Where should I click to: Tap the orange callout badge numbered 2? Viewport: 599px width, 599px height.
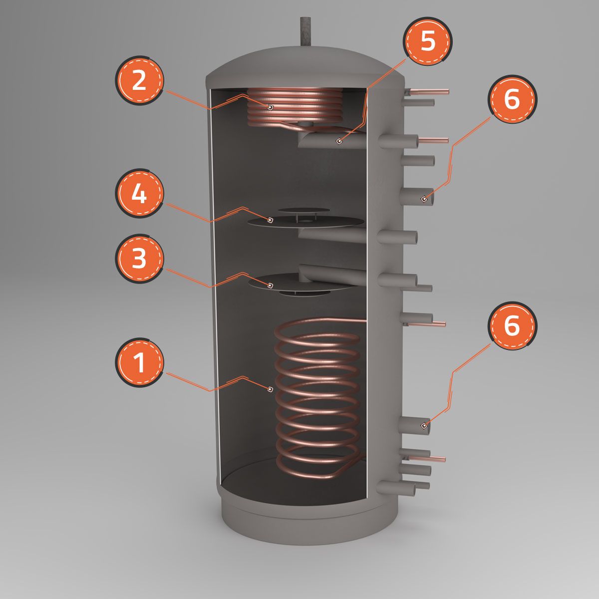point(139,80)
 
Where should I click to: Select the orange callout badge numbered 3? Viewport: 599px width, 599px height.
point(139,259)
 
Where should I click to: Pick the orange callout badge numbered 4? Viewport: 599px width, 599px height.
point(139,193)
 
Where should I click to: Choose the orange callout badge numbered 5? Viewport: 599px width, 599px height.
point(427,41)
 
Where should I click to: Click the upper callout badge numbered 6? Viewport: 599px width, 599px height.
point(512,99)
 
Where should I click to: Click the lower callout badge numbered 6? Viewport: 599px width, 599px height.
point(512,325)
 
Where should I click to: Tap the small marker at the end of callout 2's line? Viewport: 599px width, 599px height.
point(271,107)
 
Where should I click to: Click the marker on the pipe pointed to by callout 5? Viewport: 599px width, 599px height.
point(340,141)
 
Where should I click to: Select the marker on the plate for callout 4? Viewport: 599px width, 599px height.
point(271,220)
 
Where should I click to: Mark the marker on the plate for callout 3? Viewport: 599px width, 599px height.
point(271,286)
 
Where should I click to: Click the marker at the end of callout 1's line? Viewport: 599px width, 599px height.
point(271,389)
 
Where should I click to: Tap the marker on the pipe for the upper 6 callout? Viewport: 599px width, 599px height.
point(424,198)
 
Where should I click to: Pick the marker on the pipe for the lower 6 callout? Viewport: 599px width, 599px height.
point(424,425)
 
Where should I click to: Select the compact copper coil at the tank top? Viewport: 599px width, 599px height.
point(294,107)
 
